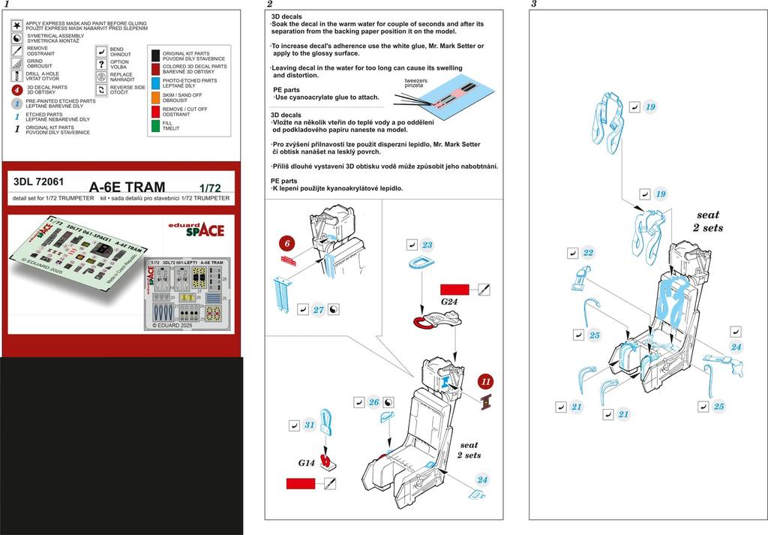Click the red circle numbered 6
tap(288, 243)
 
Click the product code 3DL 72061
tap(38, 181)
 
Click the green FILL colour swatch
tap(156, 125)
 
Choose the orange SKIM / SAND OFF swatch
tap(156, 96)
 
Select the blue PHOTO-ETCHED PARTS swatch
tap(156, 82)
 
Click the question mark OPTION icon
tap(101, 64)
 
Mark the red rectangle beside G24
tap(454, 289)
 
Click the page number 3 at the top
tap(533, 5)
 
